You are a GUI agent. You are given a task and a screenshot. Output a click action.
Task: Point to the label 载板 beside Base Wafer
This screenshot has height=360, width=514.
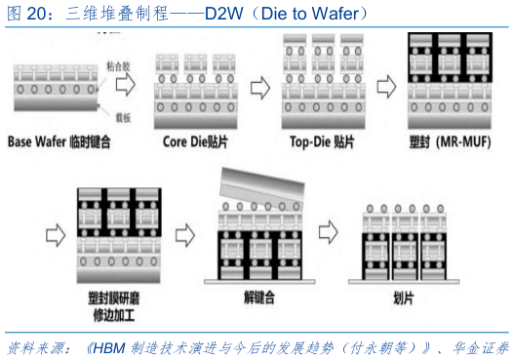pos(124,114)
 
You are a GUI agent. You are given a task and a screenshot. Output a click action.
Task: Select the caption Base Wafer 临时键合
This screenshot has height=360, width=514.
pos(60,141)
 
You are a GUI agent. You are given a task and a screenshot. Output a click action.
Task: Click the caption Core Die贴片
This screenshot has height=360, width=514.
pos(196,141)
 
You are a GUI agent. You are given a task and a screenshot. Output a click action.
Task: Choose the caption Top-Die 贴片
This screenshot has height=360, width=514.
pos(319,141)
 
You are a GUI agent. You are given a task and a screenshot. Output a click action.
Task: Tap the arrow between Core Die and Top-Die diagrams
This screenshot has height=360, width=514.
pos(260,88)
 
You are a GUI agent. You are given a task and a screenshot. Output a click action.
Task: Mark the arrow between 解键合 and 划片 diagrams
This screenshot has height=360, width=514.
pos(329,231)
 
